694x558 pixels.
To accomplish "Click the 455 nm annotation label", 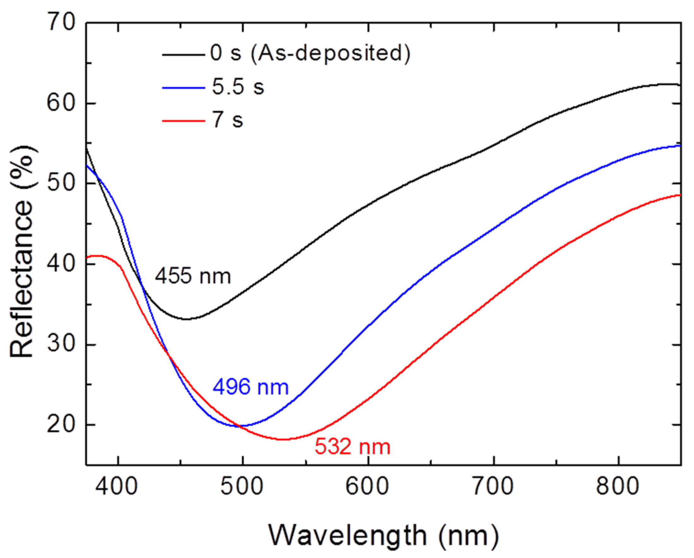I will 193,276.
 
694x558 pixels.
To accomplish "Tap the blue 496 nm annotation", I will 251,387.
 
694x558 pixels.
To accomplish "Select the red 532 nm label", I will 353,447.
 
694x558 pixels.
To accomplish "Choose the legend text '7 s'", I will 227,120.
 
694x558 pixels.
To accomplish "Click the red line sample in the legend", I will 184,121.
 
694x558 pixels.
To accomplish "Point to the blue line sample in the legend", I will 184,87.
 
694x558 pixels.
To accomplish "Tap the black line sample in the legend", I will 184,54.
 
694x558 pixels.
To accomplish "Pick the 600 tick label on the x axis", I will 367,487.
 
